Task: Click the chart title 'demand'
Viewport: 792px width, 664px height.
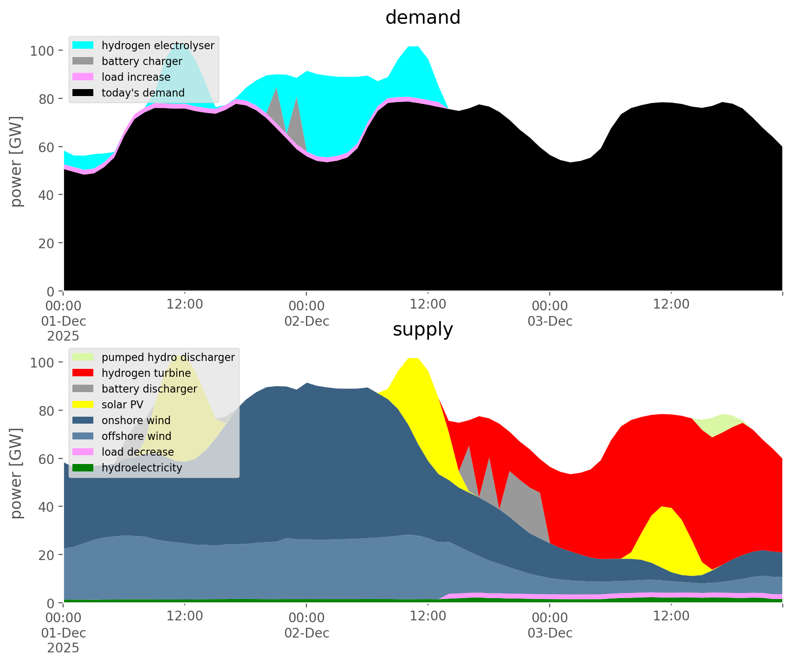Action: (422, 18)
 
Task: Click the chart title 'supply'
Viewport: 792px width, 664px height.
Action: (422, 329)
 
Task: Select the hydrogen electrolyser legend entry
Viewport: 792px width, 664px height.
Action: (157, 45)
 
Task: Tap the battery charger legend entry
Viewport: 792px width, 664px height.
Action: (142, 61)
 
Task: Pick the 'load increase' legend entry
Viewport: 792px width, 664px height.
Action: (136, 77)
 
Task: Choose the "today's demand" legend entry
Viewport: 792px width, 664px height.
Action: (143, 93)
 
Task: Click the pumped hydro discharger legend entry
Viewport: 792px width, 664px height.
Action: (168, 357)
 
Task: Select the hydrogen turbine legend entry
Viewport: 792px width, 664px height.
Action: (146, 373)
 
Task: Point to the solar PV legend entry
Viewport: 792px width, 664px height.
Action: (122, 405)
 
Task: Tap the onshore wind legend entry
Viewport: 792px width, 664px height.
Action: (136, 420)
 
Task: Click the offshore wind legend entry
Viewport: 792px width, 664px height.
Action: (136, 436)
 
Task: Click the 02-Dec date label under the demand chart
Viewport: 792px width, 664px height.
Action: (307, 321)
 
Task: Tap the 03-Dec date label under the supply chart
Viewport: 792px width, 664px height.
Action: (550, 633)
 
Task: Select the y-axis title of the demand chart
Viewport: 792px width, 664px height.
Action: (17, 161)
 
